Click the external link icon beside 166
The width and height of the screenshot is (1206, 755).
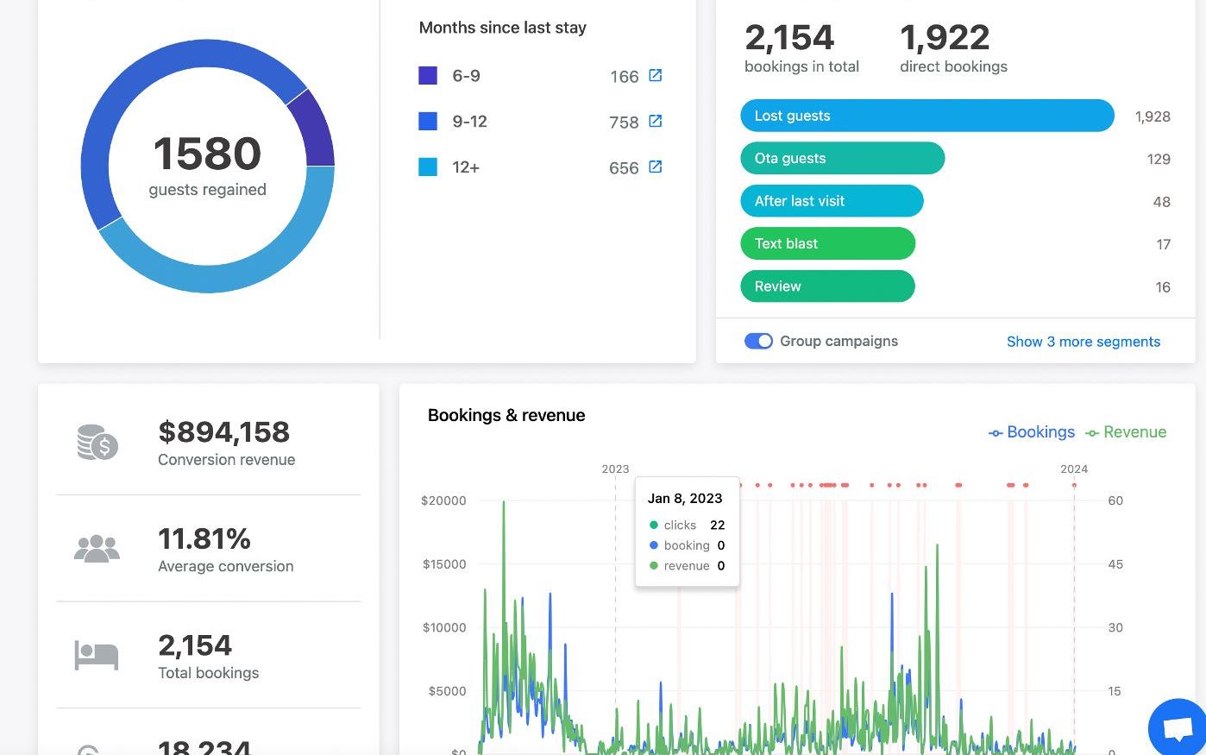(x=656, y=75)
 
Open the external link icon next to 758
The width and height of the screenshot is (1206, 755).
(x=656, y=121)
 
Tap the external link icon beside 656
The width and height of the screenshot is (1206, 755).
(x=656, y=167)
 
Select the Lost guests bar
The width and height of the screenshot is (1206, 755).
(x=927, y=116)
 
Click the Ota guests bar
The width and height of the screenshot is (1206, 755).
(x=843, y=158)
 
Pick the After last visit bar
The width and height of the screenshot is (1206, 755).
(x=832, y=201)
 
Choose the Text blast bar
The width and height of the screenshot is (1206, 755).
(x=827, y=243)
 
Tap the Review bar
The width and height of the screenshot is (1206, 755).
(x=827, y=286)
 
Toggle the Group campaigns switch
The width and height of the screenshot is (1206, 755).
(x=758, y=341)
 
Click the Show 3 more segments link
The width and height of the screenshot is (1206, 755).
(x=1084, y=342)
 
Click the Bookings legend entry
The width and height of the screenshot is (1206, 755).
(x=1032, y=432)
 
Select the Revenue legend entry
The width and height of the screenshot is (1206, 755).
(x=1126, y=432)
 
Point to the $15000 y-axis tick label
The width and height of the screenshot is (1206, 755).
(x=444, y=563)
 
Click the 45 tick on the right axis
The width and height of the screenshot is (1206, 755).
(x=1115, y=563)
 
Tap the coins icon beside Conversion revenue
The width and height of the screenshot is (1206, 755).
(x=97, y=443)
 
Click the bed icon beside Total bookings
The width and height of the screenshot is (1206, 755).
(x=97, y=656)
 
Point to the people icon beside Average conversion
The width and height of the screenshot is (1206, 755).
(x=97, y=549)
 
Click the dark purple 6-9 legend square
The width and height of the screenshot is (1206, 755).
(x=428, y=75)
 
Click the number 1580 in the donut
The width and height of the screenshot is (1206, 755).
(x=207, y=154)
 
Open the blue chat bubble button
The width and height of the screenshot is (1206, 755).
(x=1178, y=727)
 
